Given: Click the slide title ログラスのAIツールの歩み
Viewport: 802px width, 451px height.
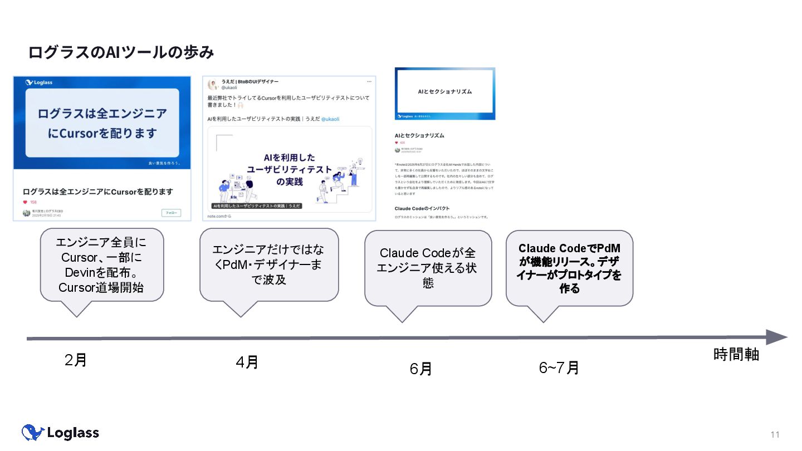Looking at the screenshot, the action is coord(121,52).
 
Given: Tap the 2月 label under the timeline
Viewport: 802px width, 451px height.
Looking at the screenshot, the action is coord(76,360).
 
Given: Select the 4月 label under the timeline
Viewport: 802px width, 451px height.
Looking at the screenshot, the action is coord(247,362).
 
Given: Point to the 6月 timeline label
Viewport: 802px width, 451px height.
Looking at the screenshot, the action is coord(420,369).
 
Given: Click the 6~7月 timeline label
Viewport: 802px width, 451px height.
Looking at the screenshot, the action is coord(559,367).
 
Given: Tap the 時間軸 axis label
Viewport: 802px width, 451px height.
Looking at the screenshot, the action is coord(736,355).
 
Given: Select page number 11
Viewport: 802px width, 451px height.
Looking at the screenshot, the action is coord(775,434).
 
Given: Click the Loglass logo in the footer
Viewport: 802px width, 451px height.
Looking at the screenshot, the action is coord(60,433).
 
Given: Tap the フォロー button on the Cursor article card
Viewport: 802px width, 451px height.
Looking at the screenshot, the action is coord(171,213).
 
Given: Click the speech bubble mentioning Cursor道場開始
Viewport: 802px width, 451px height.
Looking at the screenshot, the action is coord(102,265).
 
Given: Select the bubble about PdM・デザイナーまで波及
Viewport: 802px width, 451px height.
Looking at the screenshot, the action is coord(269,264).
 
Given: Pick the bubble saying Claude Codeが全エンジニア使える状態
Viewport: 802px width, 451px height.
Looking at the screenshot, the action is coord(428,268).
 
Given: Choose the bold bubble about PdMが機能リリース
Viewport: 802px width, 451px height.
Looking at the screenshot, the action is coord(569,268).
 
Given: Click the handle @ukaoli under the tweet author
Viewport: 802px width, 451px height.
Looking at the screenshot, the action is coord(230,87).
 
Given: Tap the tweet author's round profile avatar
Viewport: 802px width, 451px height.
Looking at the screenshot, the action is coord(213,85).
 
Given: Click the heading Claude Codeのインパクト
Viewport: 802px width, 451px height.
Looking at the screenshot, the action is coord(422,208).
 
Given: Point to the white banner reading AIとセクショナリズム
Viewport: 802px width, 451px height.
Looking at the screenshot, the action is coord(444,91).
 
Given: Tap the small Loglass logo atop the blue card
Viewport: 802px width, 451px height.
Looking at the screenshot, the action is coord(39,82).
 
